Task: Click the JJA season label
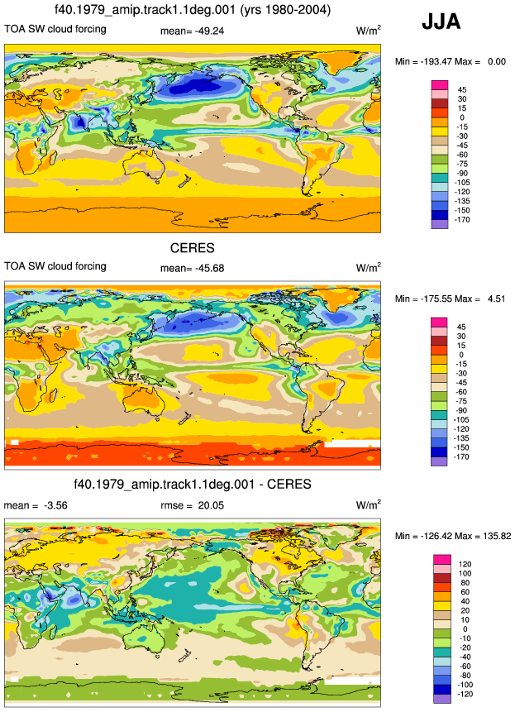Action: click(x=441, y=22)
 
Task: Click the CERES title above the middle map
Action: click(x=192, y=248)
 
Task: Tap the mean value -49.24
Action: click(x=209, y=31)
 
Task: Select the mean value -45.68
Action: click(x=209, y=269)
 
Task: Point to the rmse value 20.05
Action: click(x=211, y=505)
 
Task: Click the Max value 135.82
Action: click(x=497, y=536)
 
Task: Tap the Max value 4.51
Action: click(x=496, y=299)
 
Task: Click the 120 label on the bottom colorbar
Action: click(x=465, y=564)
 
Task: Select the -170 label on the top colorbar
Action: click(x=463, y=220)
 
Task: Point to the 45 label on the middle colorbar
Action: click(x=461, y=327)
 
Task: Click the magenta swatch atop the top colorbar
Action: click(x=440, y=85)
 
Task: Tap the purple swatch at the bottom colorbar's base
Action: click(x=442, y=699)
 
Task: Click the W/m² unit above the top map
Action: click(x=368, y=31)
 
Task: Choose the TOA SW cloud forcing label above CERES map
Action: click(x=55, y=266)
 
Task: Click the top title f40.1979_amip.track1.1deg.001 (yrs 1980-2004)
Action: click(x=193, y=9)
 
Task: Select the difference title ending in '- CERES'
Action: click(x=193, y=484)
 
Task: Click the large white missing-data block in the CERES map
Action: click(x=352, y=443)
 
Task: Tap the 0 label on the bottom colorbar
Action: click(x=465, y=629)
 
